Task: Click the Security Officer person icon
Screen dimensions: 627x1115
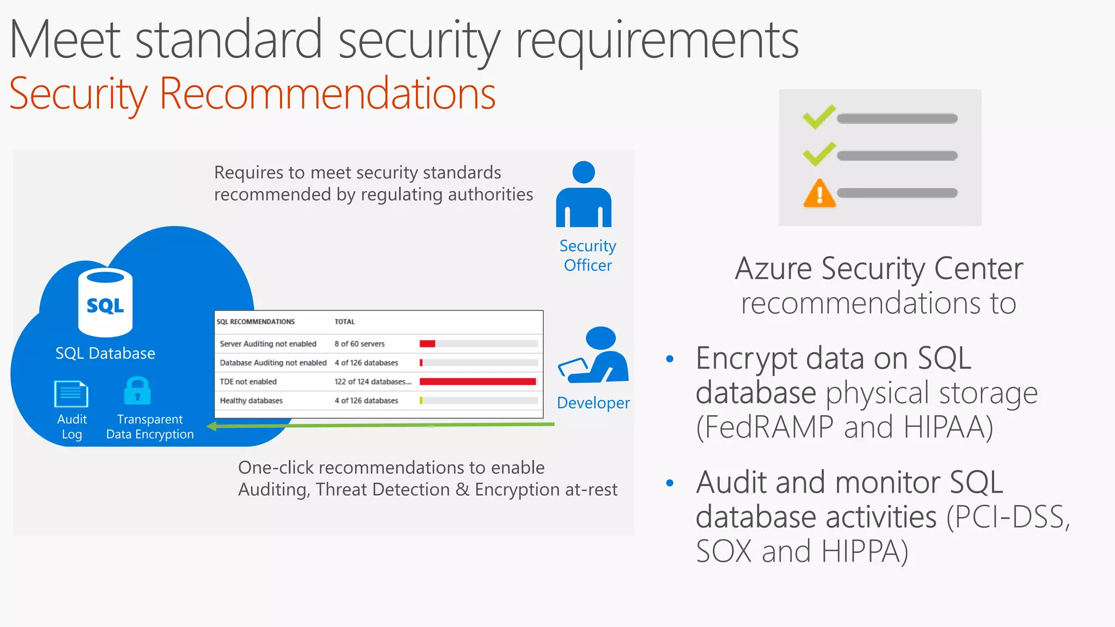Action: click(584, 195)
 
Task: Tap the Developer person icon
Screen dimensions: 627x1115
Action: click(595, 356)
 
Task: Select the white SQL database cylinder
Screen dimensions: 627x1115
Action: click(105, 303)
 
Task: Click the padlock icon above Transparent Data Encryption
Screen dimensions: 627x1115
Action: click(137, 391)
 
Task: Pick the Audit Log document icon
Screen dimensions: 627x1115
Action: click(71, 394)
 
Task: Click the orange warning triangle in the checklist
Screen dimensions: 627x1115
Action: click(819, 194)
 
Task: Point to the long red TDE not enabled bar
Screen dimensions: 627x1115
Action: click(477, 382)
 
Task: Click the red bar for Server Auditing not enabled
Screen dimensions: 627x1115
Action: click(427, 343)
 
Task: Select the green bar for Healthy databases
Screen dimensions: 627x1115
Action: click(421, 401)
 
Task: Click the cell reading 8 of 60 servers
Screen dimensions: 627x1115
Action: click(359, 344)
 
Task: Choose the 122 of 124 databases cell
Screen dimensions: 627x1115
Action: click(372, 382)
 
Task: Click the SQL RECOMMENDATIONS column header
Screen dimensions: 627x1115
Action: click(255, 322)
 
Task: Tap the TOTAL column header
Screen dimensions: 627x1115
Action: click(344, 322)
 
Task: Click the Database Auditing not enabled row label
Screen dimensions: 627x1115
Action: click(273, 362)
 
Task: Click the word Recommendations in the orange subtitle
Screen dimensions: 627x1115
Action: click(327, 94)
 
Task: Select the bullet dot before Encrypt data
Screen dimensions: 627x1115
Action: click(670, 359)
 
